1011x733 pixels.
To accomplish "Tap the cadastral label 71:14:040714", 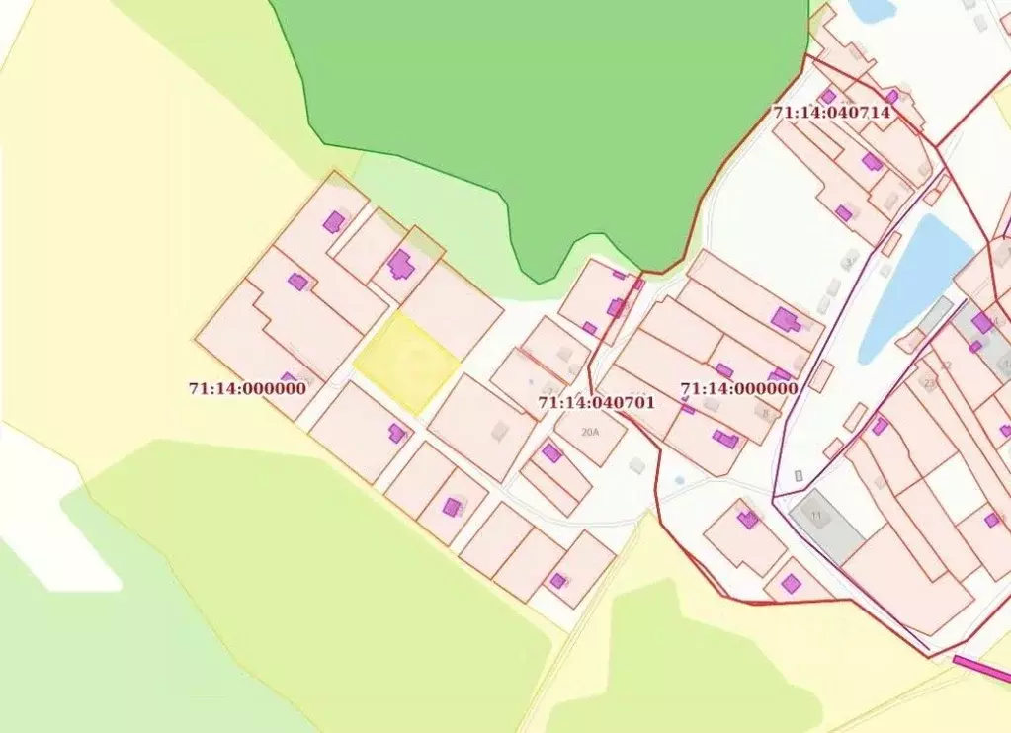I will coord(831,113).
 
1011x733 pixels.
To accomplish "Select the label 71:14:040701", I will coord(596,403).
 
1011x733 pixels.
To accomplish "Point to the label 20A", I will coord(591,432).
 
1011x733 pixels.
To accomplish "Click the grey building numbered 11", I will coord(826,525).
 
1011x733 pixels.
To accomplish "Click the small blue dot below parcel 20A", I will coord(678,480).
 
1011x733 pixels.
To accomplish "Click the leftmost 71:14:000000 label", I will coord(247,389).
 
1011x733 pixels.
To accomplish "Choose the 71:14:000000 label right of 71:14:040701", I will coord(738,389).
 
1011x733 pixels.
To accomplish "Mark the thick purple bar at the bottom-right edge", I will coord(980,669).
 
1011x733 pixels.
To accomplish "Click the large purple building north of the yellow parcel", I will coord(400,264).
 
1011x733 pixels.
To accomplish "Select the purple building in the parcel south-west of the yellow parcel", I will coord(397,433).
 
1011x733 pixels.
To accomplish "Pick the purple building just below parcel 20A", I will coord(551,453).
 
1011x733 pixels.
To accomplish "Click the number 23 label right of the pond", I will coord(928,382).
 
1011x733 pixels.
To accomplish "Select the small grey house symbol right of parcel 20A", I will coord(637,464).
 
